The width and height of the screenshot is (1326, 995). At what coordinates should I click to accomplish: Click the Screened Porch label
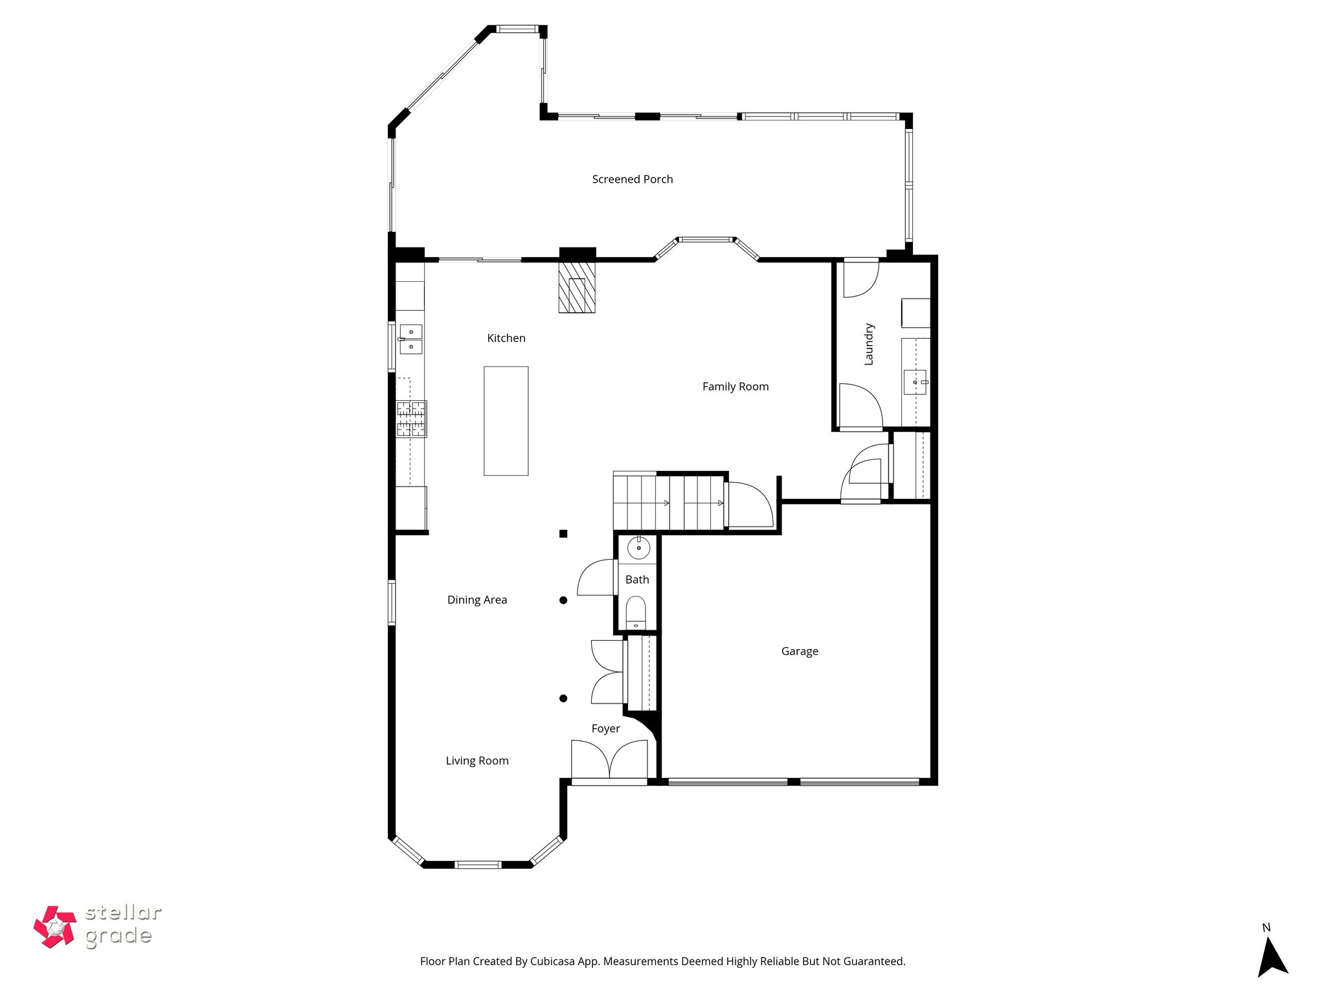[632, 179]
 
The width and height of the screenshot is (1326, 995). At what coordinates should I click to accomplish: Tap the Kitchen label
[506, 338]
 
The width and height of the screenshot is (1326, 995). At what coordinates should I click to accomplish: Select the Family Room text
[735, 387]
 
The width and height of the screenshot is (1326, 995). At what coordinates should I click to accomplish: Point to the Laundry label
[869, 345]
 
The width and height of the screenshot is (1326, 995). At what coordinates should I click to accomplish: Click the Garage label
[799, 652]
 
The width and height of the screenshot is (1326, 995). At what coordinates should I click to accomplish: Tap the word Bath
[636, 580]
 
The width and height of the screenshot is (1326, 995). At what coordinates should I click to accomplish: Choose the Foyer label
[605, 729]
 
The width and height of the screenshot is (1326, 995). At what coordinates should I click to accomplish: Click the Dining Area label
[477, 600]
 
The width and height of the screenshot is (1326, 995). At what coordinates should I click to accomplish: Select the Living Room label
[477, 761]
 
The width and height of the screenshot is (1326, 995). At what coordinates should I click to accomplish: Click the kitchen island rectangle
[506, 421]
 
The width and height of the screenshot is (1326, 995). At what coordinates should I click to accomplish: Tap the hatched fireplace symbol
[577, 288]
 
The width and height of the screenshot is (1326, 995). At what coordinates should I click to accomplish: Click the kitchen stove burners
[411, 418]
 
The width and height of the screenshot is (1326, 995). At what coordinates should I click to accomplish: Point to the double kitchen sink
[410, 339]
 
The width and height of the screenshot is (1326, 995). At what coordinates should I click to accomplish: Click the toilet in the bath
[636, 612]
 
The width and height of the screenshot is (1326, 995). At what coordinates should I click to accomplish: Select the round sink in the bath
[638, 549]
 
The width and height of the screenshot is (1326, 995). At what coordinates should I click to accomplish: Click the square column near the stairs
[563, 534]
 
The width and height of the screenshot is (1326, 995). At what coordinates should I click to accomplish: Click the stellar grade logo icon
[54, 927]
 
